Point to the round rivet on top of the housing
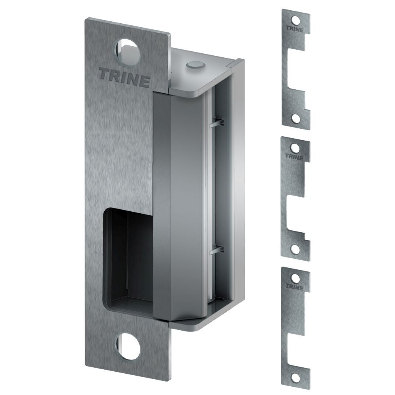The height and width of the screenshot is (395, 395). tap(194, 64)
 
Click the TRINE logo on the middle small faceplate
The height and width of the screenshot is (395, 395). tap(295, 158)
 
